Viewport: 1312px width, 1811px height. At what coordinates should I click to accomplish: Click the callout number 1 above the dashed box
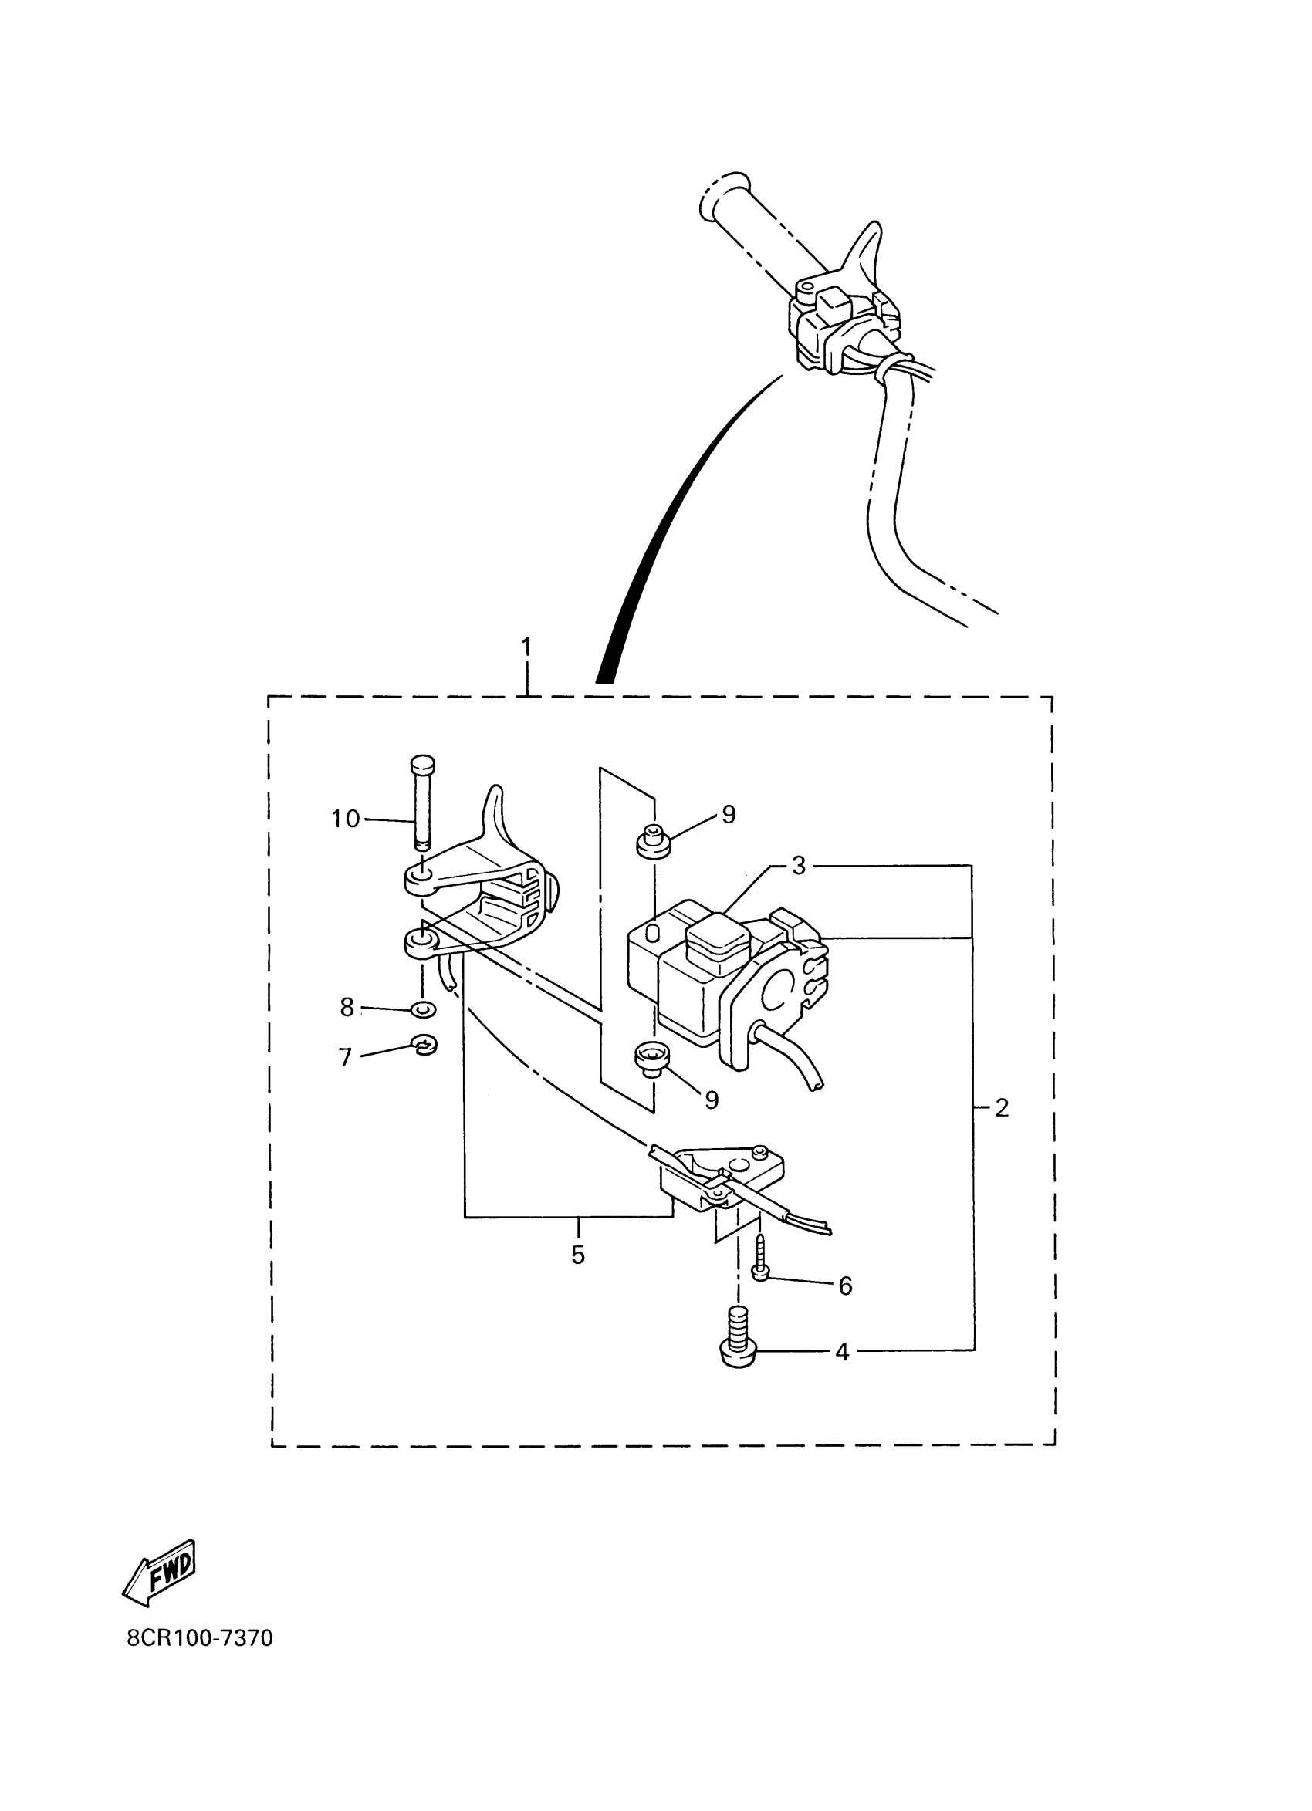coord(526,646)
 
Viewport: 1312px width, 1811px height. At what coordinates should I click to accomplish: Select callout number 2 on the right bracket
coord(1002,1107)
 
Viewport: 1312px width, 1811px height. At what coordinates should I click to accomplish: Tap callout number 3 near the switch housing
coord(799,866)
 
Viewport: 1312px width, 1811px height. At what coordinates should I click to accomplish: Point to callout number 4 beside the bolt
coord(842,1352)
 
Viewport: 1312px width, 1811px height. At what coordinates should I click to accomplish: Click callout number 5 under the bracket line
coord(577,1255)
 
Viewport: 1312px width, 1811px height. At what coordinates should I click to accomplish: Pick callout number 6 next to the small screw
coord(845,1286)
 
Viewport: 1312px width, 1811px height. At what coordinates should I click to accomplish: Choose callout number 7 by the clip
coord(345,1057)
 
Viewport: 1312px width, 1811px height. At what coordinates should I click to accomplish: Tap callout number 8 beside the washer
coord(347,1008)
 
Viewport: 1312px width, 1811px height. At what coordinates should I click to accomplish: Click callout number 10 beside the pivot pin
coord(346,819)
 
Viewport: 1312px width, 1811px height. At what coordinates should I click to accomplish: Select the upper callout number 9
coord(729,815)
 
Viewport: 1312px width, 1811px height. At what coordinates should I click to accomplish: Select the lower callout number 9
coord(712,1100)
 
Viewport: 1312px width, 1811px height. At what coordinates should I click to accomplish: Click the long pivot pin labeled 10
coord(421,802)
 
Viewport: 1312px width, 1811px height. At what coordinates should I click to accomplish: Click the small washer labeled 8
coord(423,1010)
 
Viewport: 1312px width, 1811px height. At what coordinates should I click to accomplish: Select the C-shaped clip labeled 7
coord(425,1045)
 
